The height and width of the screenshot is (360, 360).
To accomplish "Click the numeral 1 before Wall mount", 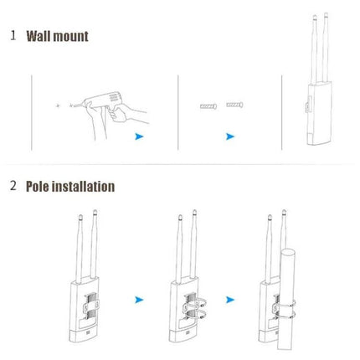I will coord(13,36).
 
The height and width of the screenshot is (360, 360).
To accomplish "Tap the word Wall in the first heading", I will coord(39,36).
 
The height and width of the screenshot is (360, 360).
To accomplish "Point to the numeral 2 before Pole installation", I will coord(13,186).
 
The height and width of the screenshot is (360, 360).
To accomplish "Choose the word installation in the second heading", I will coord(86,186).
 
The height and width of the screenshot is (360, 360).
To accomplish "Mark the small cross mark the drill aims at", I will coord(56,106).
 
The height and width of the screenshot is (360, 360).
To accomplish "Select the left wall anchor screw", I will coord(208,107).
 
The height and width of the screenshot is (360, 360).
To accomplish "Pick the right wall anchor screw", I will coord(235,106).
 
